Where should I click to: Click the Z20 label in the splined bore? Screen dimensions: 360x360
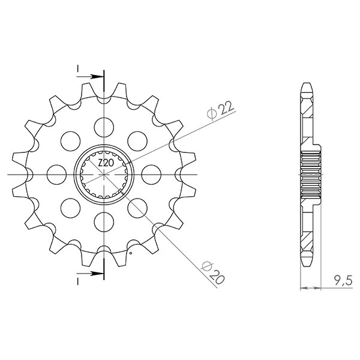pos(106,163)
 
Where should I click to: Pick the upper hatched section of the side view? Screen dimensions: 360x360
pos(307,120)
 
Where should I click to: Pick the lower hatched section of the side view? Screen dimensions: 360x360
pos(307,231)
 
